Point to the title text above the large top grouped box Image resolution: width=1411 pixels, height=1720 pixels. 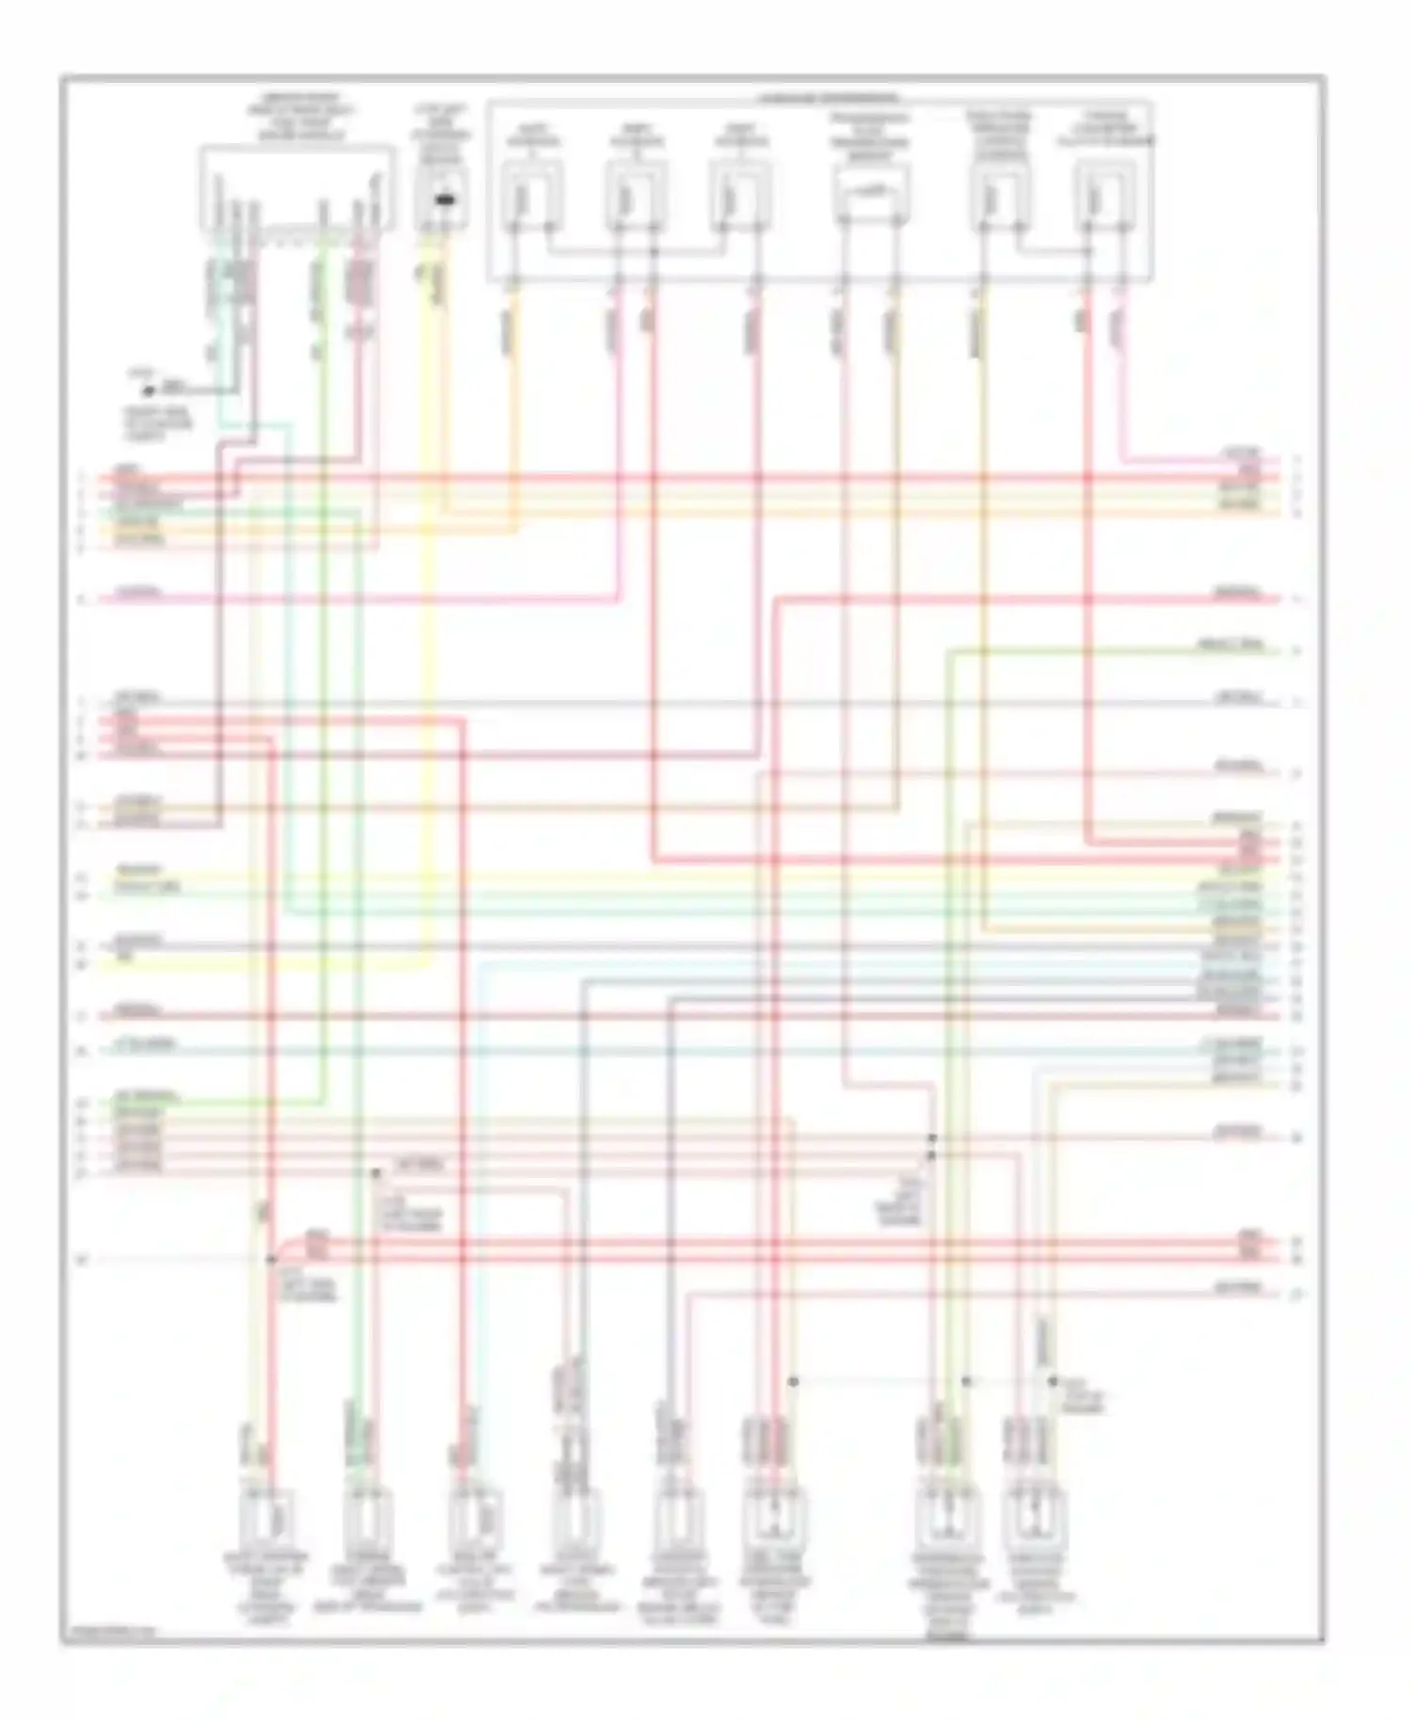point(827,98)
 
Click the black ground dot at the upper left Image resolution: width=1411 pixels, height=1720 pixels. point(148,390)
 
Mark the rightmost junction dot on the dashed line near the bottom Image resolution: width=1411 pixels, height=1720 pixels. point(1053,1381)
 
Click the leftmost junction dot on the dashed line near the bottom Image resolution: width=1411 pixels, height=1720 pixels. point(793,1381)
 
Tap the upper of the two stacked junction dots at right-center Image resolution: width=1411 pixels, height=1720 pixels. point(932,1139)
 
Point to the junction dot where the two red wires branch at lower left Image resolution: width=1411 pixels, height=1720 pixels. point(271,1259)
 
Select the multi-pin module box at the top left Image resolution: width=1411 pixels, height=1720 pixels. point(296,188)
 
